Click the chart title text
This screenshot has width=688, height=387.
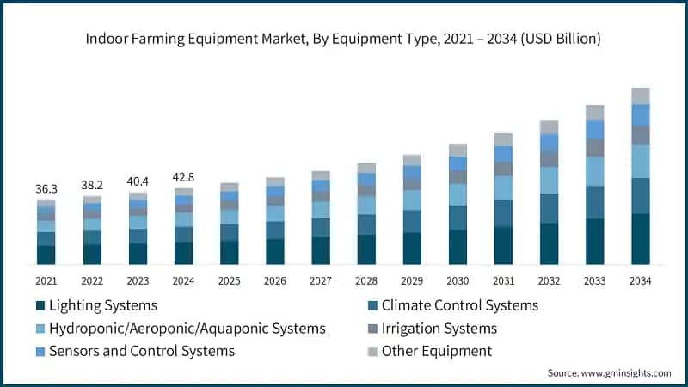tap(344, 39)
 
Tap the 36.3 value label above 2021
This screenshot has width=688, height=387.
tap(46, 188)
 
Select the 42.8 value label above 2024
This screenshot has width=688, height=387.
tap(183, 177)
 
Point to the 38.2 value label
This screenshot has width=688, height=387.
tap(92, 185)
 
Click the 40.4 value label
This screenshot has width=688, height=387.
tap(138, 181)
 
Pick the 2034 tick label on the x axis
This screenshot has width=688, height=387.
tap(641, 281)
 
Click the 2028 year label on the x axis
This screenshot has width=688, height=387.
tap(366, 281)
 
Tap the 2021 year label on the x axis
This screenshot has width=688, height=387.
tap(46, 281)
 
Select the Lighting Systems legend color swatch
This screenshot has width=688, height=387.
tap(40, 306)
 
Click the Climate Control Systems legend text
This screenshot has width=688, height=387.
tap(459, 305)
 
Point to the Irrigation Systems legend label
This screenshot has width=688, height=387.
tap(439, 329)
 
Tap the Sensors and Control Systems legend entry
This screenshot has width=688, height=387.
tap(142, 351)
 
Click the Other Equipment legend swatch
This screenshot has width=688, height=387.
tap(372, 352)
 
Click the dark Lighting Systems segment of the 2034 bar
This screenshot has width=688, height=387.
tap(641, 239)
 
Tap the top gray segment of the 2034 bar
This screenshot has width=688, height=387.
tap(641, 95)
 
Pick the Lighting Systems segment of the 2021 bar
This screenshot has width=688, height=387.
tap(46, 255)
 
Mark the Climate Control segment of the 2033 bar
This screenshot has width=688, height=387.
tap(595, 202)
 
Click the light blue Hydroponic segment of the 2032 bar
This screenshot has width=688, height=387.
tap(549, 180)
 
